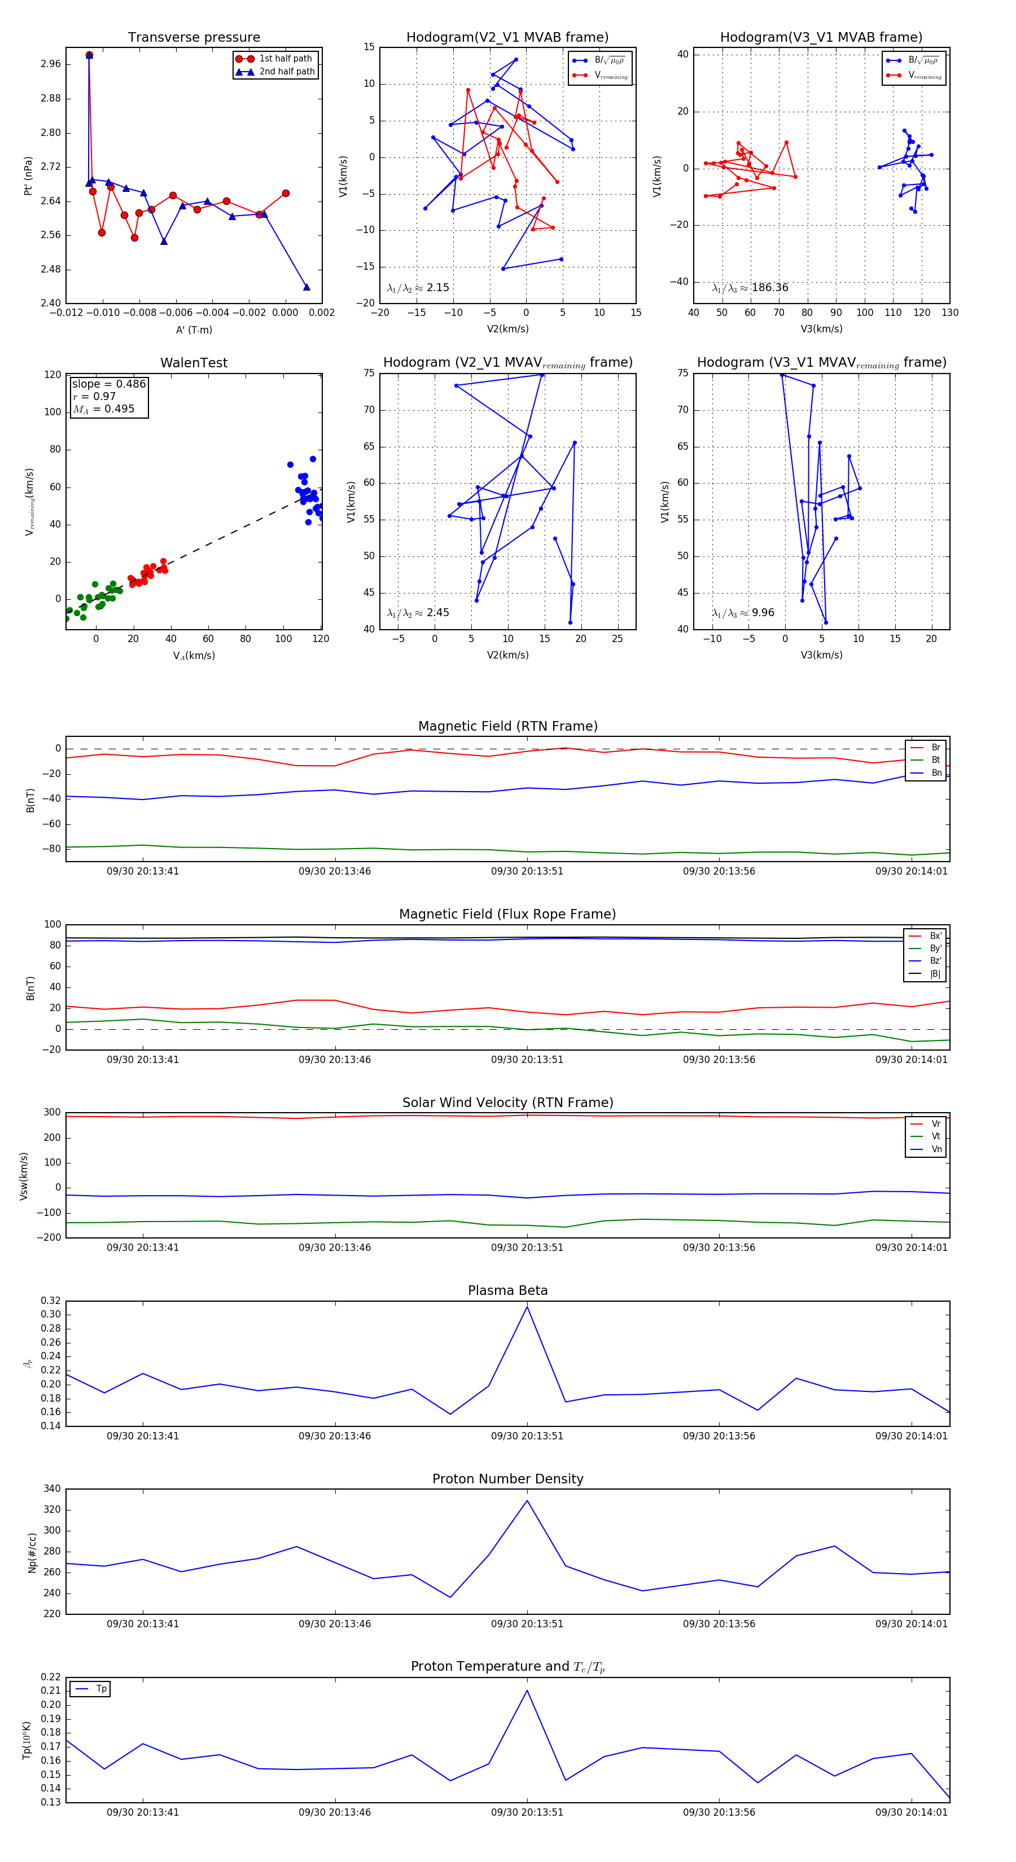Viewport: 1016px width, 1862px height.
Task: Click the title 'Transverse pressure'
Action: click(194, 38)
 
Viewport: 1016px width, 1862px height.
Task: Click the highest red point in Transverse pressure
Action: click(89, 55)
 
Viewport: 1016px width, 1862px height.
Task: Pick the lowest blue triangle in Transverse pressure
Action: click(306, 287)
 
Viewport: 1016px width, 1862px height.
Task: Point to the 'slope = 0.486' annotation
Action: click(108, 384)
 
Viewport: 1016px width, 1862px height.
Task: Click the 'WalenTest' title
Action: click(194, 363)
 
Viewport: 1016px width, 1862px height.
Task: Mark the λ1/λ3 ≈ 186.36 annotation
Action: click(750, 288)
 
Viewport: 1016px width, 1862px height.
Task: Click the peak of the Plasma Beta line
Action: click(527, 1307)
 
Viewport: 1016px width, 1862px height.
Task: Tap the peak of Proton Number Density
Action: click(527, 1500)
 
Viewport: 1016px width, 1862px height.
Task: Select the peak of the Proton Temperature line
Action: click(527, 1690)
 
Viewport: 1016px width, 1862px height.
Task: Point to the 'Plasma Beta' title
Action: click(507, 1290)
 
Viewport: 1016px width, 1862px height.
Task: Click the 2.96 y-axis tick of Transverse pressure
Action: click(51, 64)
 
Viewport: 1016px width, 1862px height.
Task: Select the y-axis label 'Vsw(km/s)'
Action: click(24, 1176)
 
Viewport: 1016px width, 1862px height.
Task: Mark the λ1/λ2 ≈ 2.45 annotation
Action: click(418, 613)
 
